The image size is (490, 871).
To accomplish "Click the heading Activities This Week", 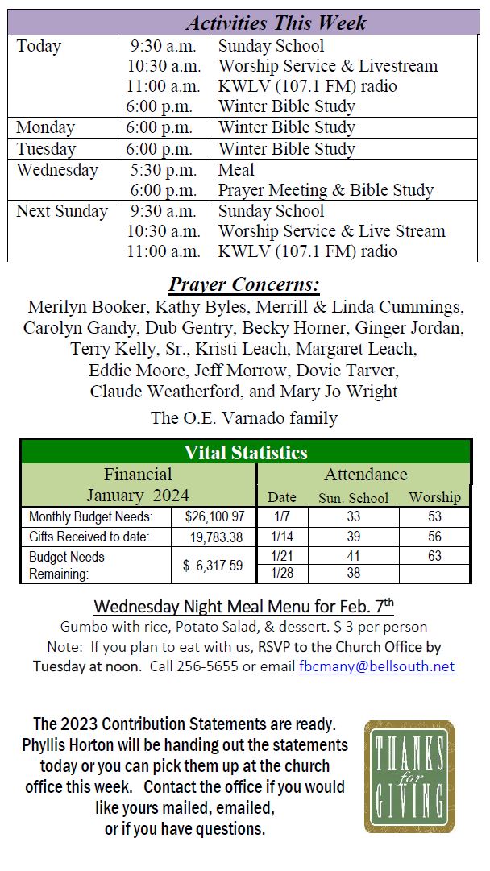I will click(276, 22).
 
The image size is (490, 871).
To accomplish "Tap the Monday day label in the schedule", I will click(45, 127).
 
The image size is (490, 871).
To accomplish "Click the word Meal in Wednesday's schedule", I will click(235, 170).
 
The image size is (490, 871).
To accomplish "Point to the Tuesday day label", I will click(46, 149).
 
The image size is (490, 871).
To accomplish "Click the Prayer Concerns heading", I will click(243, 285).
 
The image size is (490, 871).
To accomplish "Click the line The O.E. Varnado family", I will click(243, 418).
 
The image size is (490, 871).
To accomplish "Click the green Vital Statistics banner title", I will click(246, 452).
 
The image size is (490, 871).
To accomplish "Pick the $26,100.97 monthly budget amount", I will click(214, 516).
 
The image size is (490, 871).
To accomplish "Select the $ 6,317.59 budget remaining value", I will click(213, 566).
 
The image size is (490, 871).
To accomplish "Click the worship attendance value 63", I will click(434, 556).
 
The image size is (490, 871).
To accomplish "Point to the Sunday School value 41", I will click(353, 556).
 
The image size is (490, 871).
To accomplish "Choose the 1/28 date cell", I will click(282, 574).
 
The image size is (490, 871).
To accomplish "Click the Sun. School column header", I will click(353, 498).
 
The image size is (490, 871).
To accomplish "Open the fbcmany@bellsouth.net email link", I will click(376, 666).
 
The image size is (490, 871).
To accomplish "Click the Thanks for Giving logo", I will click(409, 776).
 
